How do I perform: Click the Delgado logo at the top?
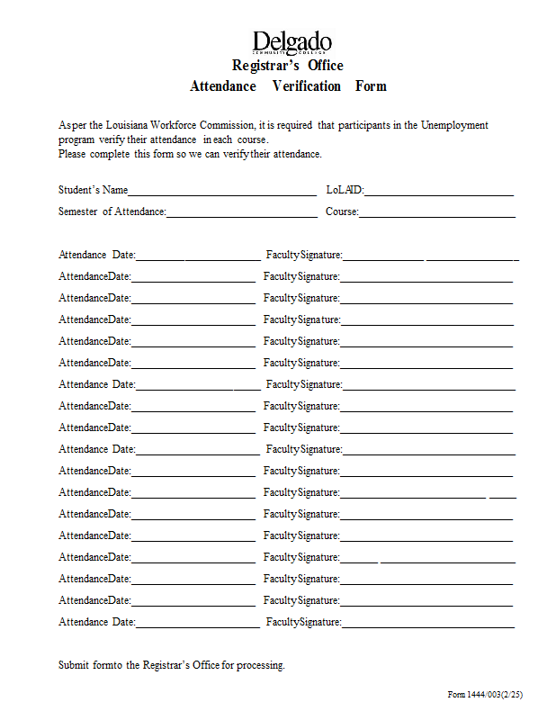pos(291,42)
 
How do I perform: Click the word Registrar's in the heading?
pos(266,66)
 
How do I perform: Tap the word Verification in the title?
pos(307,86)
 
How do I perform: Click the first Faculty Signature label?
pos(304,255)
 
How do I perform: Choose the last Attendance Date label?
pos(97,622)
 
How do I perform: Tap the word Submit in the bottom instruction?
pos(74,665)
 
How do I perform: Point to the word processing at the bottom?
pos(260,665)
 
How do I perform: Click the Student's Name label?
pos(93,190)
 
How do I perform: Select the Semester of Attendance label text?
pos(112,211)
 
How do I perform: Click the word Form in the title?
pos(371,86)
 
